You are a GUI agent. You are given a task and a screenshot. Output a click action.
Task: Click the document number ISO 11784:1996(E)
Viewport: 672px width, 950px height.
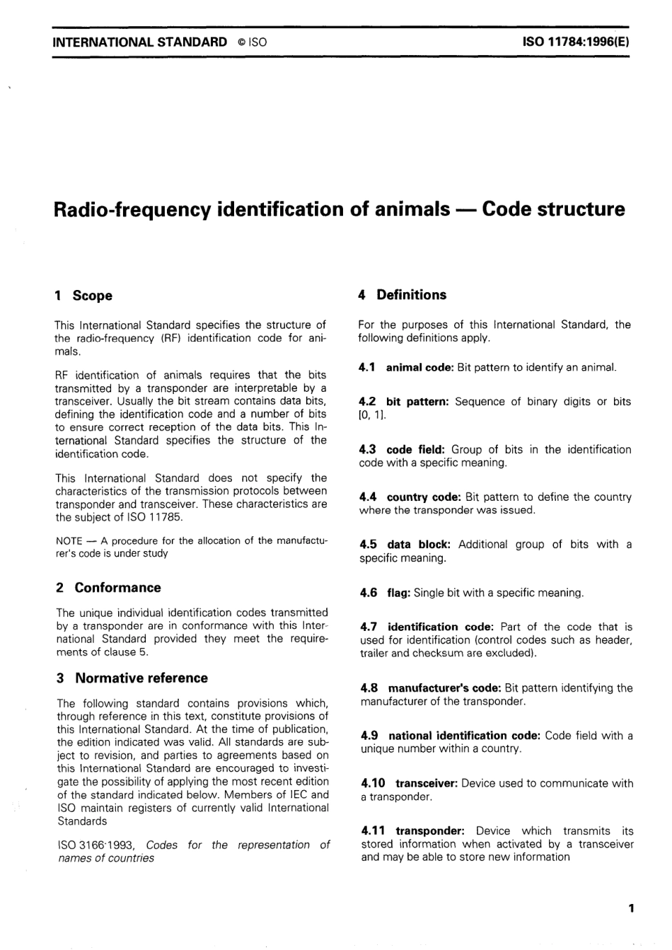575,42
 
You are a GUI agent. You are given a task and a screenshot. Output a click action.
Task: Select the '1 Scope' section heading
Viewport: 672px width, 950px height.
83,296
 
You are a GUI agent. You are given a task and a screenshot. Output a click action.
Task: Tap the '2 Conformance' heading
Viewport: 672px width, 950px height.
108,588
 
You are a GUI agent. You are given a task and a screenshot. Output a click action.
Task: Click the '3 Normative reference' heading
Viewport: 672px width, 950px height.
132,678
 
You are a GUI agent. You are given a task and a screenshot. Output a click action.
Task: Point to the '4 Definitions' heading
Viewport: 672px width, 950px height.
402,295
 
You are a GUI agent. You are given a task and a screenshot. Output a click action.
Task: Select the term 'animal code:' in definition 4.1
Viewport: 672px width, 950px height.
419,367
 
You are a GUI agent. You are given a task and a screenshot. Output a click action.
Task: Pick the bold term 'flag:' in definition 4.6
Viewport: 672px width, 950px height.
399,593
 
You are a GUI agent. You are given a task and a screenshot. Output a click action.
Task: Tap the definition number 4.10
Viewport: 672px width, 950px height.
373,783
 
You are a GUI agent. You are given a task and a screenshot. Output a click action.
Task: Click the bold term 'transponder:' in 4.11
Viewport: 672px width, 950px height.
431,831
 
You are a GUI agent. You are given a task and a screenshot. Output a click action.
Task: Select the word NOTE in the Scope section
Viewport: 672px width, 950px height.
69,541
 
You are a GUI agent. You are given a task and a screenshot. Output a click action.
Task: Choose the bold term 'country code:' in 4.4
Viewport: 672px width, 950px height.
424,497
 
